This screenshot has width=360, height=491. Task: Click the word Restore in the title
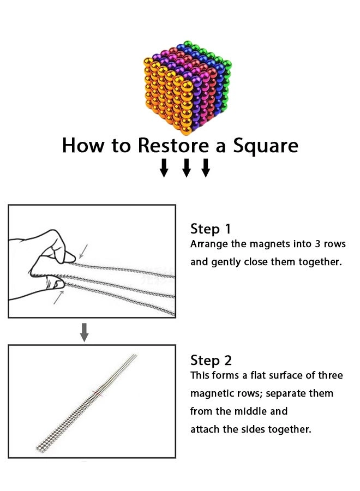173,145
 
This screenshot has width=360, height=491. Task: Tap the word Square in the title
266,146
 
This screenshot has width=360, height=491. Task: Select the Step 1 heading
211,229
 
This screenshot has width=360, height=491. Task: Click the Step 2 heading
211,361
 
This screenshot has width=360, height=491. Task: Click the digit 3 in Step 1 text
317,244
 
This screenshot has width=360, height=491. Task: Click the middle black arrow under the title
187,168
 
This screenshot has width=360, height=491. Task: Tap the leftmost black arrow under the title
164,168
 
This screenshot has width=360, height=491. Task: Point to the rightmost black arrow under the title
206,168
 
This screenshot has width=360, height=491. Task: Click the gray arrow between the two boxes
84,333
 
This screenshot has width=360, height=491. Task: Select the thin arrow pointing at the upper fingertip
83,252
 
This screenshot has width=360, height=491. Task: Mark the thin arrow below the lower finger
58,297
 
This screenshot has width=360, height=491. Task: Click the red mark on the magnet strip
97,393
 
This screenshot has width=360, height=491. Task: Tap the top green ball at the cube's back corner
188,44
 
